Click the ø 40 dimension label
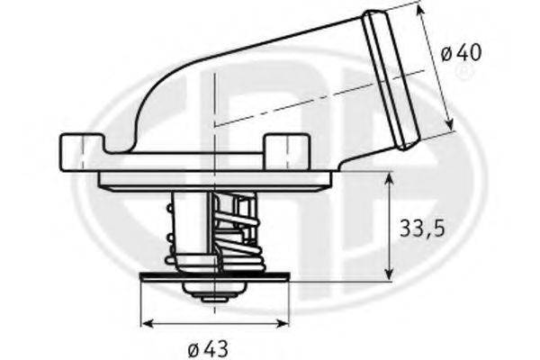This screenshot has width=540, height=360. tap(462, 52)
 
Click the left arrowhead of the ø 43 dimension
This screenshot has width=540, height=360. tap(145, 323)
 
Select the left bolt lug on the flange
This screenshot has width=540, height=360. tap(82, 145)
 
